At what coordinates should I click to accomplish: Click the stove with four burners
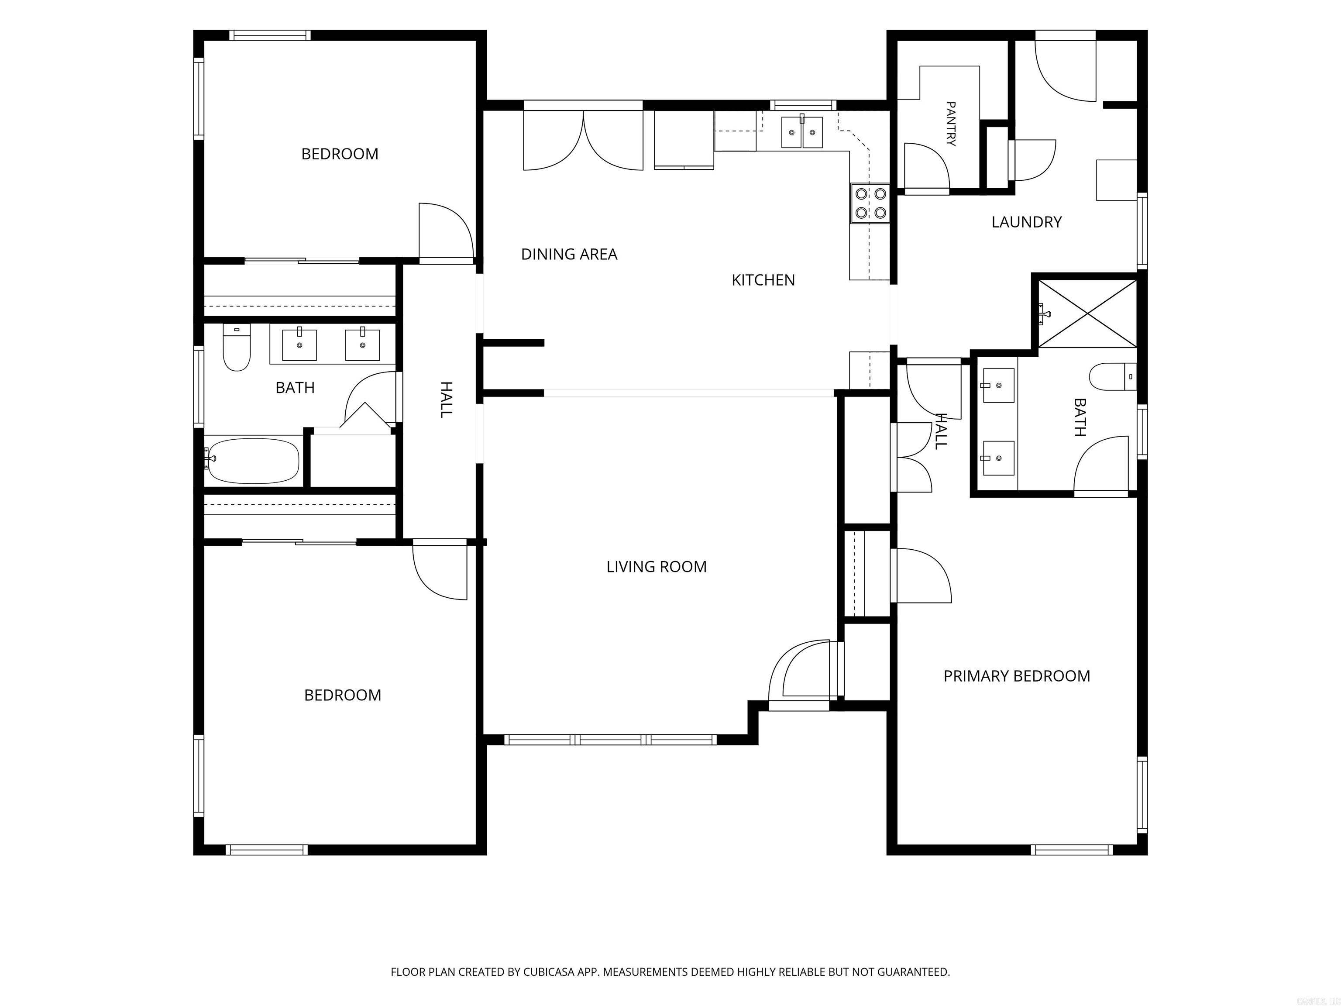[x=870, y=203]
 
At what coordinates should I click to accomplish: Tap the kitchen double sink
[x=801, y=133]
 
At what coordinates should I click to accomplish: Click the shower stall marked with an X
[x=1087, y=314]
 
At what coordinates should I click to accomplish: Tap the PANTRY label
[x=951, y=124]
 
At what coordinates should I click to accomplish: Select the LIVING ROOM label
[x=657, y=567]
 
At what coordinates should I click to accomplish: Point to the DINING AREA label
[x=569, y=254]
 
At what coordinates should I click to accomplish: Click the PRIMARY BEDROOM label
[x=1017, y=676]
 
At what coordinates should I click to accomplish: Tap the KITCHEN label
[x=763, y=280]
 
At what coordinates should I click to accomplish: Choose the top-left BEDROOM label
[x=340, y=154]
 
